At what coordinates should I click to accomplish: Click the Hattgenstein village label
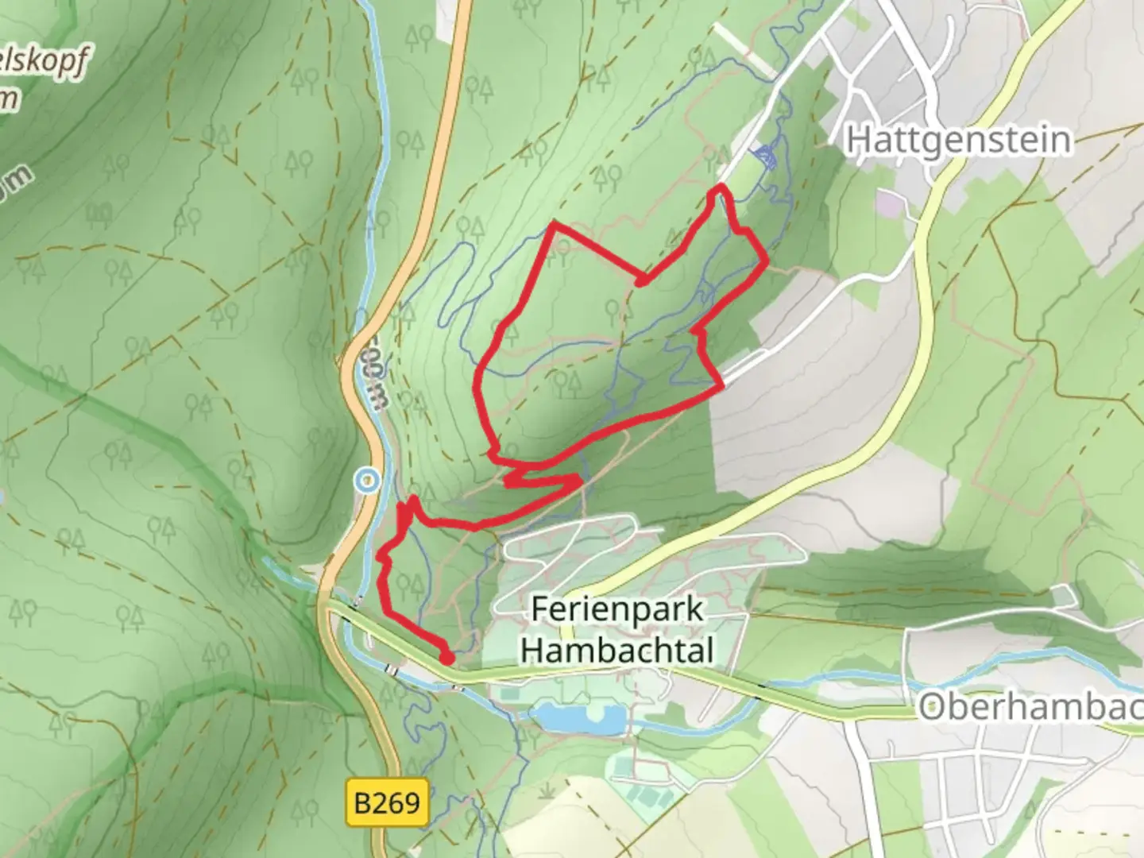958,141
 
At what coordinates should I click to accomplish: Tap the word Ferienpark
617,609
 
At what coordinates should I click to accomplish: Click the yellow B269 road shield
388,802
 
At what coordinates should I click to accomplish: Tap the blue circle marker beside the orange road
366,480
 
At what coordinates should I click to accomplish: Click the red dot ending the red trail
447,658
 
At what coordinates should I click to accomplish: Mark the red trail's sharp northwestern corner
555,226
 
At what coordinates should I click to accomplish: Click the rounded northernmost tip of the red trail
720,187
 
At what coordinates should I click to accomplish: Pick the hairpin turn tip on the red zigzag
580,478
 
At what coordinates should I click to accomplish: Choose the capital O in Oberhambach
933,705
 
